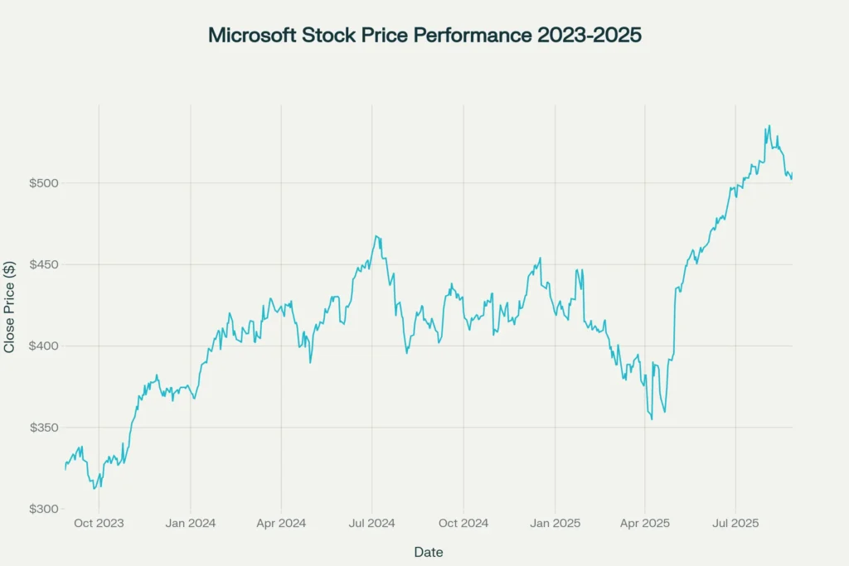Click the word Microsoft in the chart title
pos(250,36)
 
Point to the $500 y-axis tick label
pos(43,183)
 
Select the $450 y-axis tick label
pos(43,264)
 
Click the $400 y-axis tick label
pos(43,346)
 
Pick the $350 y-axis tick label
pos(43,428)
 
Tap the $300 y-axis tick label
pos(43,509)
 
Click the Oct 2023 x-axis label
pos(99,524)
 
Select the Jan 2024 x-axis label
pos(191,524)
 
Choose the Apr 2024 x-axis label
pos(281,524)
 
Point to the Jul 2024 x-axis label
pos(371,524)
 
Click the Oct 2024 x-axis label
pos(463,524)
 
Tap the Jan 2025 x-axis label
pos(555,524)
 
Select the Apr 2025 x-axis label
pos(645,524)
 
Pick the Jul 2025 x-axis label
pos(735,524)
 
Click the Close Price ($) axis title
pos(10,307)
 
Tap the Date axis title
pos(428,552)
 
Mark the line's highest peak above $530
pos(769,126)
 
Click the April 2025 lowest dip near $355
pos(652,418)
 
